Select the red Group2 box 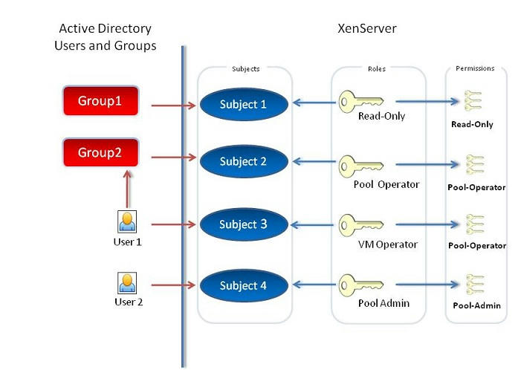point(100,153)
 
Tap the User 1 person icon point(127,221)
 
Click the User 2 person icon point(127,283)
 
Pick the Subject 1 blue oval point(242,104)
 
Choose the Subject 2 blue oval point(242,161)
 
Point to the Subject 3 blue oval point(242,224)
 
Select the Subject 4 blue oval point(242,285)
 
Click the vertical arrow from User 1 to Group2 point(128,189)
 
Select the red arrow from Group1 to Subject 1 point(174,105)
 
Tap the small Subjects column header point(245,68)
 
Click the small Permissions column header point(476,68)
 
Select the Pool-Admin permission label point(476,305)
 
